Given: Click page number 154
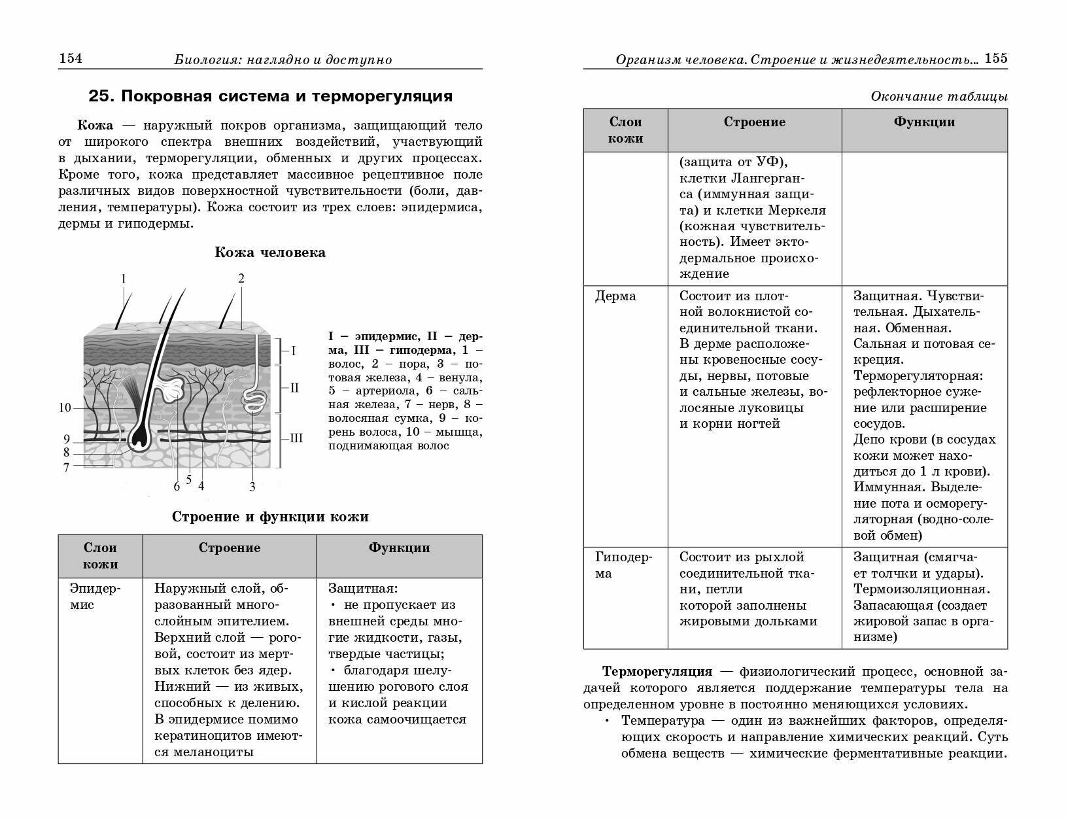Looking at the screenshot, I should (71, 59).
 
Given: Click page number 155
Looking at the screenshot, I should (996, 58).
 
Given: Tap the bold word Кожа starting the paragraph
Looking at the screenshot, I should (95, 126).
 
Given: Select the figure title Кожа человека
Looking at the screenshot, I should (269, 253).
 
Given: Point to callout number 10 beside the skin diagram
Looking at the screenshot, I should (65, 408).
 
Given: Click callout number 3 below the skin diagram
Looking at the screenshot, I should (252, 487).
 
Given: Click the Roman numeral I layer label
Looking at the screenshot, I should (293, 351).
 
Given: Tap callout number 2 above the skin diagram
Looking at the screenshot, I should (241, 279).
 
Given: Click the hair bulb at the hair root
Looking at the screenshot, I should (139, 438).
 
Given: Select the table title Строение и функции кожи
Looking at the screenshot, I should (269, 517).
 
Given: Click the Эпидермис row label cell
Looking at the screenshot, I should (95, 596).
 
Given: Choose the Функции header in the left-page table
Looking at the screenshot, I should (399, 548).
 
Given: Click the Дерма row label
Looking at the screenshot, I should (615, 296).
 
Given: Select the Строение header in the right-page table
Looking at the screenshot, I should (754, 122).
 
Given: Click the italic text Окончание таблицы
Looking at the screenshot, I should (938, 97).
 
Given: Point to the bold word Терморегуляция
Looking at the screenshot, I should (657, 672).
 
